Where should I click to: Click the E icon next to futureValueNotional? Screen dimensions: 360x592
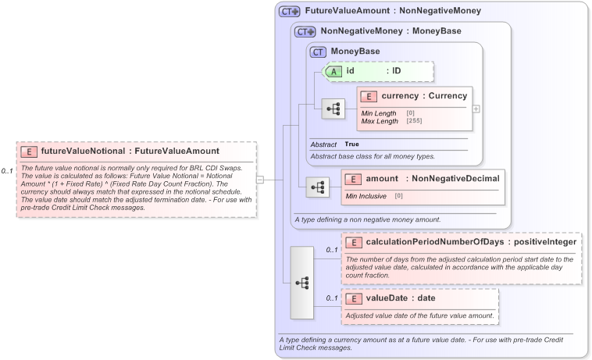point(29,151)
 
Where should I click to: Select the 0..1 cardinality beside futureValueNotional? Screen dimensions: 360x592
point(7,170)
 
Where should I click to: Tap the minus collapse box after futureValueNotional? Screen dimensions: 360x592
point(260,180)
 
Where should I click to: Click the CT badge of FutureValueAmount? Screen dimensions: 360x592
point(290,12)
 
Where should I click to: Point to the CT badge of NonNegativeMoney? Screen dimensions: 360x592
point(305,32)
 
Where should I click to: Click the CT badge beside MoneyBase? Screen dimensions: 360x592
point(318,52)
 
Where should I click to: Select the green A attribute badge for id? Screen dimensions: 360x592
point(332,71)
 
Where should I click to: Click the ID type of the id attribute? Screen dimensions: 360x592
point(396,71)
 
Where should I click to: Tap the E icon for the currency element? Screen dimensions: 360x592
point(369,96)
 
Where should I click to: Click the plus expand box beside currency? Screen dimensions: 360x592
point(476,109)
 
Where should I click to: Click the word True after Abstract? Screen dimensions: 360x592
point(352,144)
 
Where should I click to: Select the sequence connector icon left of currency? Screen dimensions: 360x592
point(333,109)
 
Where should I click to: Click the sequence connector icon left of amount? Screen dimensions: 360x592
point(319,187)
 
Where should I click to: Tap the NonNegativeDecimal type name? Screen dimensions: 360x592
point(455,179)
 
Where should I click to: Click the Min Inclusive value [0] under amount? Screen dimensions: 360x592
point(399,195)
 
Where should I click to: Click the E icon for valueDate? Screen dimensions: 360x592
point(353,298)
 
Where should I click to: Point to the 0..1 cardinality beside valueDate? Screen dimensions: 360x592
point(331,298)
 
